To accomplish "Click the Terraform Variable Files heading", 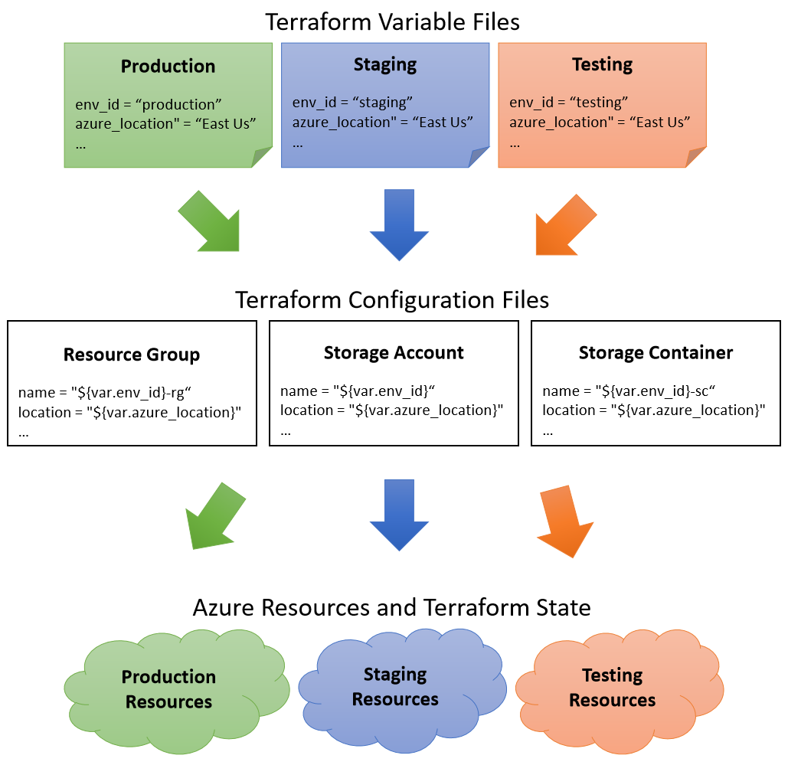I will click(x=392, y=21).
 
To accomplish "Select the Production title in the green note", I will click(x=168, y=66).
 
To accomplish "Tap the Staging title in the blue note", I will click(x=384, y=64).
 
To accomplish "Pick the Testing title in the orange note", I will click(x=602, y=64).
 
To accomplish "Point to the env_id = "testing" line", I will click(x=568, y=102).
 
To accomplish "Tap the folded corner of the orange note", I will click(x=696, y=158).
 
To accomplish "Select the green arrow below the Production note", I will click(x=211, y=221).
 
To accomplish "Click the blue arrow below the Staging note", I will click(x=398, y=224).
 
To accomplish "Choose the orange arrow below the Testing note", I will click(x=564, y=224).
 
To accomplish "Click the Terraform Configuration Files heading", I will click(x=392, y=299).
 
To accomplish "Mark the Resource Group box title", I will click(x=131, y=355).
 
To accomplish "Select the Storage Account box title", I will click(x=394, y=353).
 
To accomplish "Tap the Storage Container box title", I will click(x=656, y=353).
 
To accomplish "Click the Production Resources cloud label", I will click(x=168, y=689).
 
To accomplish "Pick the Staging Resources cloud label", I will click(x=395, y=687).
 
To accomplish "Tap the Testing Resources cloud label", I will click(x=612, y=688).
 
